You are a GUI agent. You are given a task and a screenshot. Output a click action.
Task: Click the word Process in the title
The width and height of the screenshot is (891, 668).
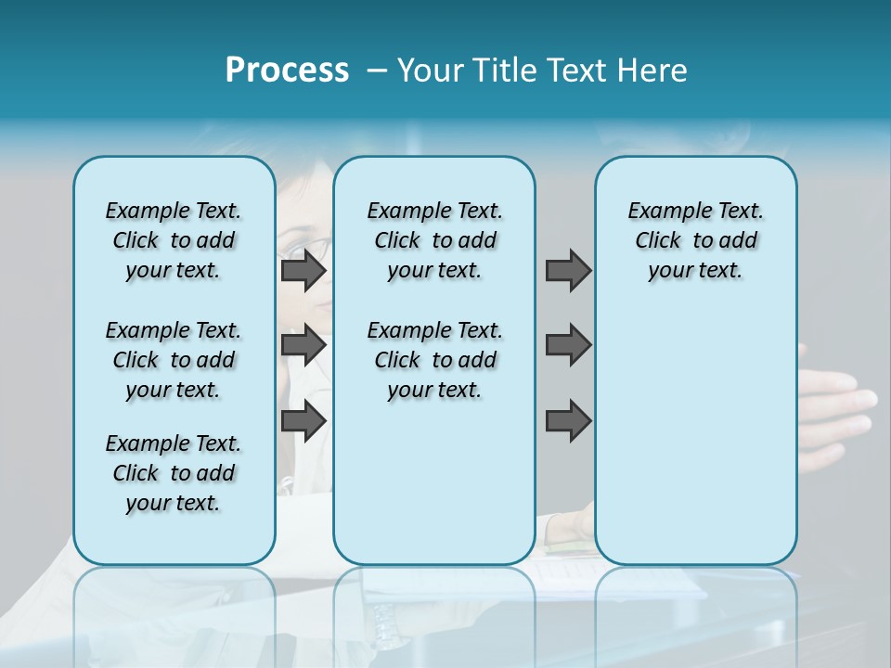click(287, 71)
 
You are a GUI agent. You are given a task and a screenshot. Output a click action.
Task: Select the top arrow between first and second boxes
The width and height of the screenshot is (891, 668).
click(303, 271)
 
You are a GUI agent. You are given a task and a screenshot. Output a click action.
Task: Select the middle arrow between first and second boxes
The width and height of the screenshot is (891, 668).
click(303, 345)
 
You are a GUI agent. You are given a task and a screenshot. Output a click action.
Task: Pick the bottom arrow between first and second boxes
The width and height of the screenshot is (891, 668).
click(303, 421)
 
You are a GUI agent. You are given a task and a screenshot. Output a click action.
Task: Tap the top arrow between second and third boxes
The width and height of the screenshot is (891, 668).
click(568, 271)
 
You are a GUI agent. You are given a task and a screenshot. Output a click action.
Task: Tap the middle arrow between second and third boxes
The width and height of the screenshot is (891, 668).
click(568, 345)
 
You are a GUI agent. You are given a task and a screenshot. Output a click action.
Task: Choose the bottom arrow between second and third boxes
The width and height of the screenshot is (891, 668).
click(568, 421)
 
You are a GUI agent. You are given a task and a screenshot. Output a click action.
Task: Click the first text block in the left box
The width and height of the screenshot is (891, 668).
click(174, 240)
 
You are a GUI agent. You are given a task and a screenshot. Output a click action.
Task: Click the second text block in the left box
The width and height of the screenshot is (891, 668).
click(174, 360)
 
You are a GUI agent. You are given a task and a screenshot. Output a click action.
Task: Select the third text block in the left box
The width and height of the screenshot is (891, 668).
click(174, 473)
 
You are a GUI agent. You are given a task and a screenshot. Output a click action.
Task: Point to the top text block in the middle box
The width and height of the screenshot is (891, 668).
click(434, 240)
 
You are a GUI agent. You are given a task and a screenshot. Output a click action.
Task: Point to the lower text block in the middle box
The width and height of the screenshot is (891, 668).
click(434, 360)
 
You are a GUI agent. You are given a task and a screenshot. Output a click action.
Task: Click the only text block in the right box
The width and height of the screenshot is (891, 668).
click(695, 240)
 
